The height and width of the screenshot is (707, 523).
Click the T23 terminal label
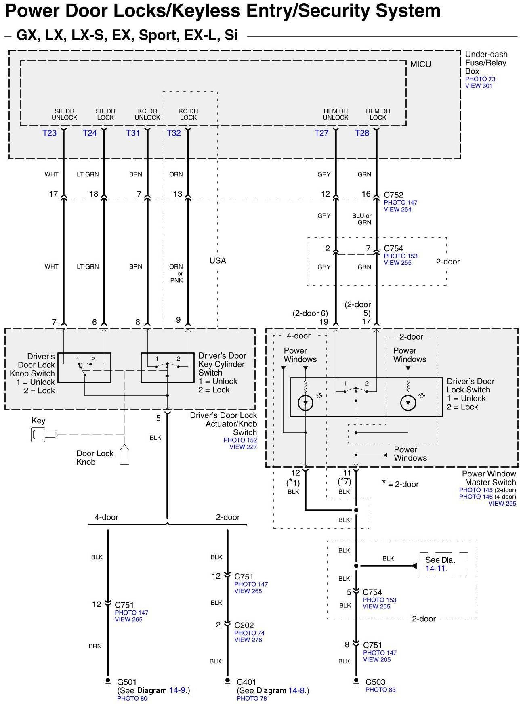tap(50, 133)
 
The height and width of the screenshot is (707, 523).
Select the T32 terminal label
tap(174, 133)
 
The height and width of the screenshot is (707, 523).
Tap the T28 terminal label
tap(362, 133)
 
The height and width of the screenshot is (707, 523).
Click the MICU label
tap(420, 64)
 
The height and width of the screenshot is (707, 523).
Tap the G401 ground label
tap(246, 682)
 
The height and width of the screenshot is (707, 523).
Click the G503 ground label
tap(375, 682)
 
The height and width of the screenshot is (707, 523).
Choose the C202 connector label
tap(244, 625)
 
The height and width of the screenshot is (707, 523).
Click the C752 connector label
tap(393, 195)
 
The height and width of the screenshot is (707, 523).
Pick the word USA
tap(218, 261)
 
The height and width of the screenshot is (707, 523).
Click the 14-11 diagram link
tap(436, 569)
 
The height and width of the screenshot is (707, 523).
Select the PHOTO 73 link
tap(480, 79)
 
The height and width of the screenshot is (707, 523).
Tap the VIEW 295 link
tap(502, 504)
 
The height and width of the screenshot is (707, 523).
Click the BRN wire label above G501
tap(95, 646)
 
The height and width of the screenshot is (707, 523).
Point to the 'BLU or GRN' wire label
tap(362, 219)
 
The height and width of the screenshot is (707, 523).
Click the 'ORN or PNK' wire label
tap(176, 273)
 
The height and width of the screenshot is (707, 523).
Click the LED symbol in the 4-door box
tap(305, 403)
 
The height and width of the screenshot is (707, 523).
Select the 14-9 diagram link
tap(178, 690)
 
